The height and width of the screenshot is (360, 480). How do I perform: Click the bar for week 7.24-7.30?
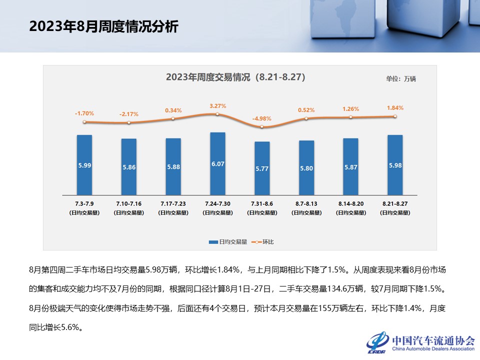(217, 163)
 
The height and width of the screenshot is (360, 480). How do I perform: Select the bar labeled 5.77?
(262, 168)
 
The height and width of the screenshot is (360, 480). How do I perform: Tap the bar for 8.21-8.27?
(395, 165)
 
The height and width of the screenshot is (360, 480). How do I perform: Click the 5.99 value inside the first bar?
(84, 165)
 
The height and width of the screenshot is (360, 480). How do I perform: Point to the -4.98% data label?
(261, 118)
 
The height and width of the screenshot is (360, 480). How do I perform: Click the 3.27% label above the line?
(217, 106)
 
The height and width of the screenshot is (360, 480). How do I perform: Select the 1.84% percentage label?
(395, 107)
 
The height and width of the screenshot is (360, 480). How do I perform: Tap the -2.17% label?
(129, 114)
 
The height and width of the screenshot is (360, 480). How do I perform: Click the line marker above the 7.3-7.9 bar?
(84, 122)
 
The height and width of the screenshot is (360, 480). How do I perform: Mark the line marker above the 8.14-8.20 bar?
(350, 117)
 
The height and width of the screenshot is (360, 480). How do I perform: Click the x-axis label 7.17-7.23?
(173, 204)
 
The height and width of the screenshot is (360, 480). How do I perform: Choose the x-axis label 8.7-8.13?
(306, 204)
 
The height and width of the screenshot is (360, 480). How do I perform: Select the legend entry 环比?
(268, 242)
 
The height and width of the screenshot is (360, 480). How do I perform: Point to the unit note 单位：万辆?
(400, 78)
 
